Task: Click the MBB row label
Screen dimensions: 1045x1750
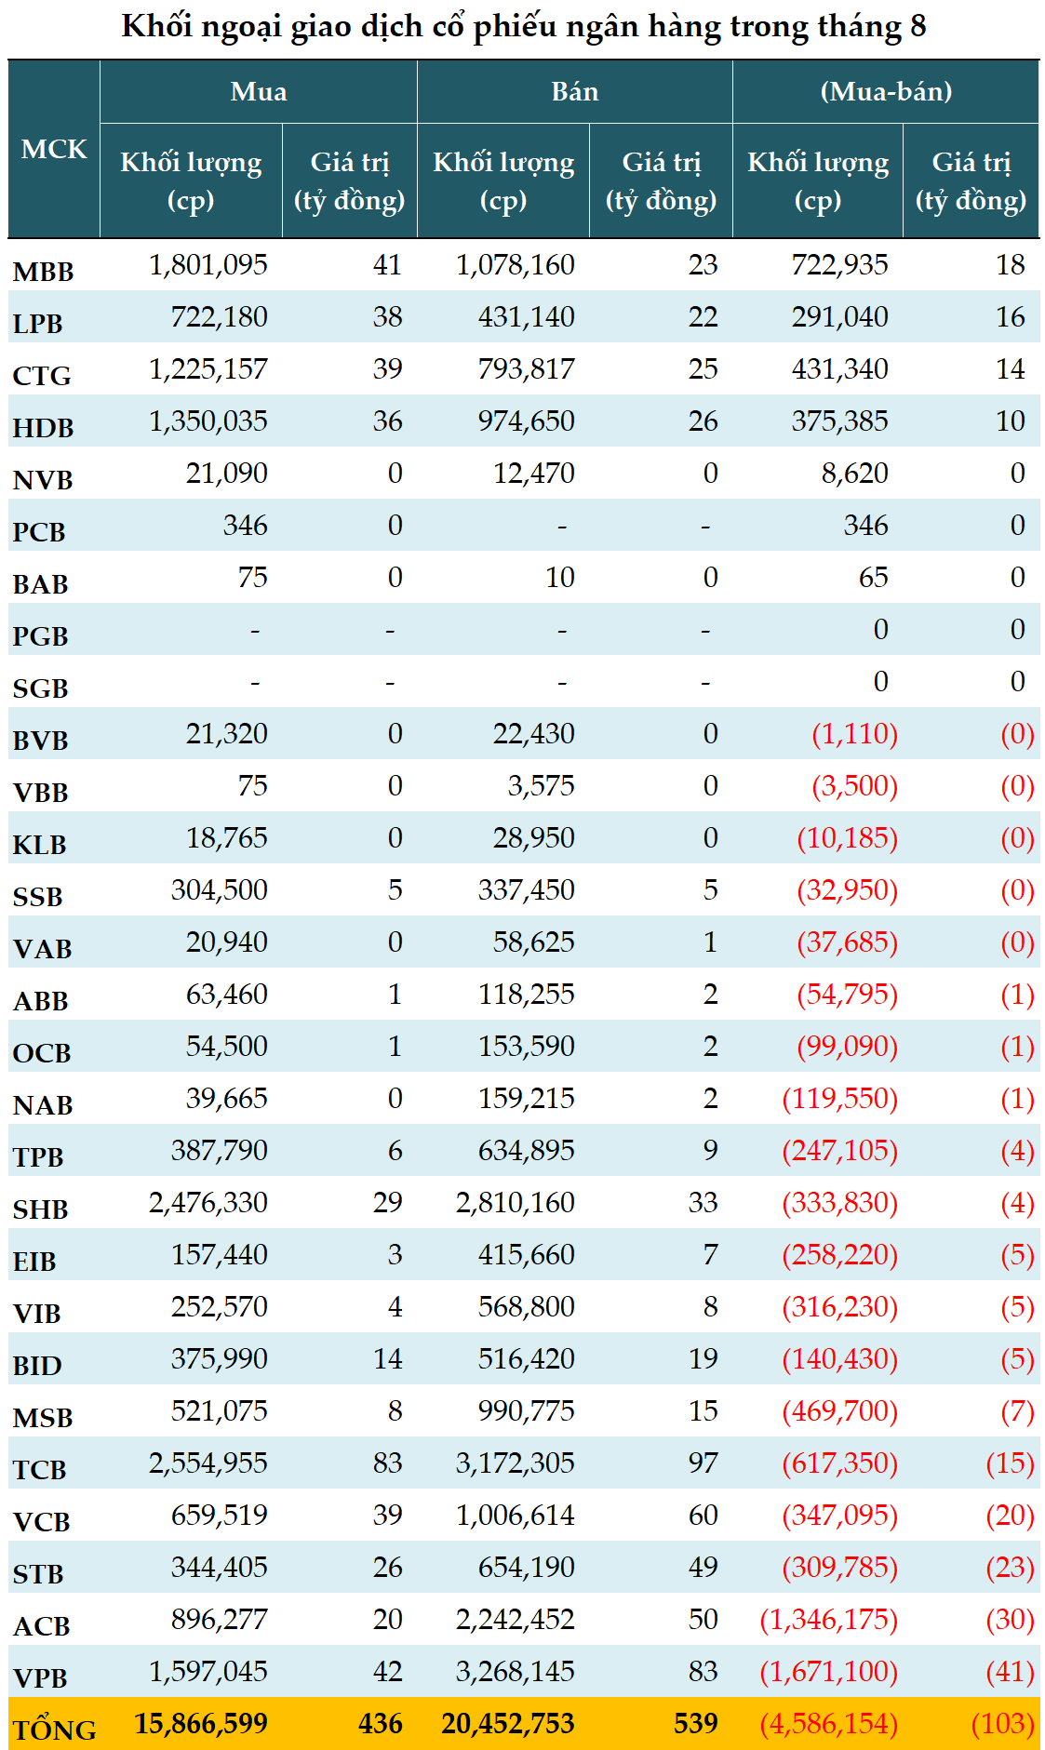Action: point(43,272)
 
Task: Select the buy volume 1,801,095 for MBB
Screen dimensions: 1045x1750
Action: point(208,265)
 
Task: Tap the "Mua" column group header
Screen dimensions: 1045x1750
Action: point(259,91)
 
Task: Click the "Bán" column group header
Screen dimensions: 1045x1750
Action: point(574,91)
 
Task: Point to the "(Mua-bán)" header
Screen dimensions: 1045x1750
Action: point(886,91)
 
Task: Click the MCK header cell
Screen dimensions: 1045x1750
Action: point(54,149)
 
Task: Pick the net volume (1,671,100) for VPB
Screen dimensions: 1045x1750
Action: point(829,1672)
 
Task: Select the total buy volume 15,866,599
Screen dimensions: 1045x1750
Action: point(201,1723)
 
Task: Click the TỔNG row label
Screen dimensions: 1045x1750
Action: point(54,1730)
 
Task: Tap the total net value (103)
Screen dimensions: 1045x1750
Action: point(1003,1724)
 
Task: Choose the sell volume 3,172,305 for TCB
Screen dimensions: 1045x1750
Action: point(516,1463)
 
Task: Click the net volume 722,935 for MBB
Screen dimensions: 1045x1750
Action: point(839,265)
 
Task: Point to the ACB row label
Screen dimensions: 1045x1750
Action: point(42,1626)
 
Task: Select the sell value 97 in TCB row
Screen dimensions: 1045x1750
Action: point(703,1463)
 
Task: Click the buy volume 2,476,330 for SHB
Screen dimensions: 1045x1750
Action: point(208,1203)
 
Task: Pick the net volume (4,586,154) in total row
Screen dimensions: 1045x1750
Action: point(829,1724)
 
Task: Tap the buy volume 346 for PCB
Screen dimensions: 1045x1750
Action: point(246,526)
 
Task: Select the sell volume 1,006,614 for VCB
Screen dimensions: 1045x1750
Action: point(516,1516)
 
